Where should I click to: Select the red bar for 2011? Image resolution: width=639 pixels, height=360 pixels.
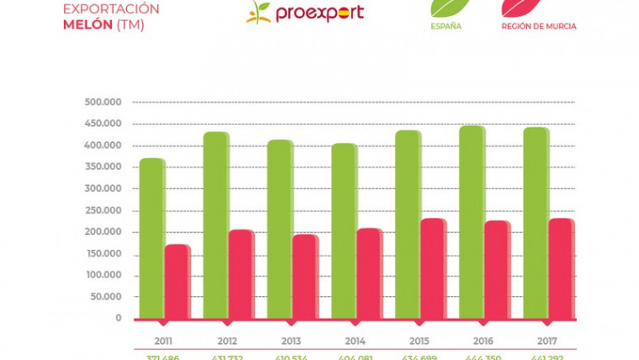177,282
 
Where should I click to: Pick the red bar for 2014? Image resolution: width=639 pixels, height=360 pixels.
369,273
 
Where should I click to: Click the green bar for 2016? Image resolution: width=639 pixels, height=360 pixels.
472,222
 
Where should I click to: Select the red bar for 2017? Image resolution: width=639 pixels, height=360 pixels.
561,268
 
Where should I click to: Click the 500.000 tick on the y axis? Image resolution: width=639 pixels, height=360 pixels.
103,102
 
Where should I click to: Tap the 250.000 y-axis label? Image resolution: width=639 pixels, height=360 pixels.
103,210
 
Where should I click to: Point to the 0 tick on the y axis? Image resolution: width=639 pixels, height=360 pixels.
119,319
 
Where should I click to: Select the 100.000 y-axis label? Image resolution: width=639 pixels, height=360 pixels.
103,275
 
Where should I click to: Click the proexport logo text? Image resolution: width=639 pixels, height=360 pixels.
319,13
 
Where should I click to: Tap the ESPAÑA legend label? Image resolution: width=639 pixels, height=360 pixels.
446,26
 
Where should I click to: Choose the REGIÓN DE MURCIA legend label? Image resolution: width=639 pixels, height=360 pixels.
538,26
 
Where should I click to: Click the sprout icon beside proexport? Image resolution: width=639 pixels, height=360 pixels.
258,12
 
